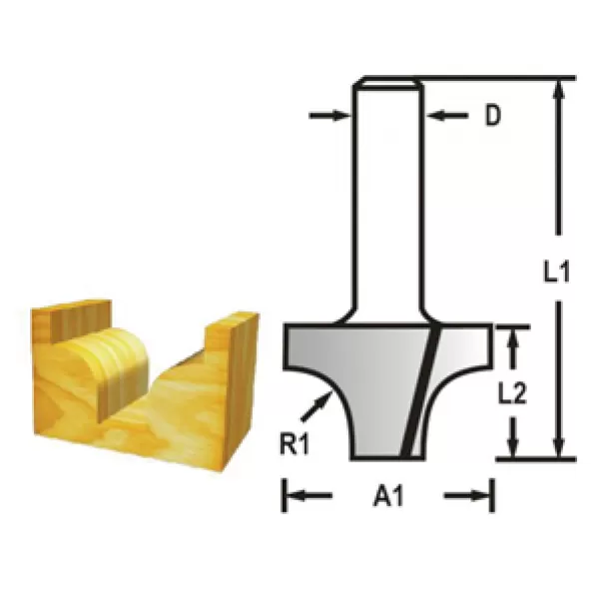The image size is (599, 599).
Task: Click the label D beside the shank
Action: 492,117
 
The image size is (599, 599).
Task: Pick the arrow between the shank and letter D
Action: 447,117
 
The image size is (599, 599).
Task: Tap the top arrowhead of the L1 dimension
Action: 561,90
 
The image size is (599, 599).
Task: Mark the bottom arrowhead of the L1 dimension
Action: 561,447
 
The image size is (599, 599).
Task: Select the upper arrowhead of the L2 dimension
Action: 515,339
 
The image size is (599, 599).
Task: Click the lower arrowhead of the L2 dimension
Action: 515,445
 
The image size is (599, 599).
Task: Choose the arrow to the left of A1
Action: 303,495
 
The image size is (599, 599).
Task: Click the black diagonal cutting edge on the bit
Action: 423,389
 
